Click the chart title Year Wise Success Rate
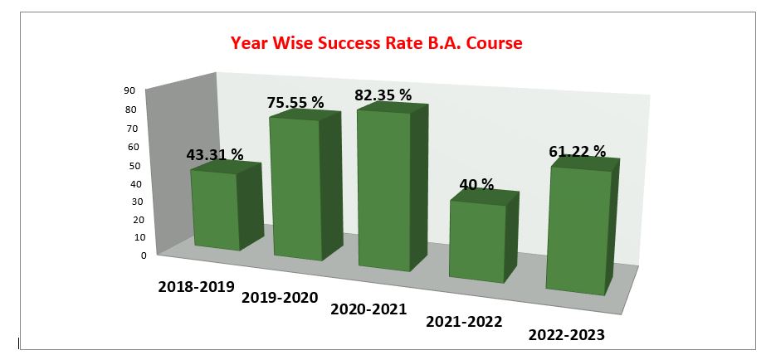376,43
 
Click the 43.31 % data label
214,154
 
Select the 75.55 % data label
295,103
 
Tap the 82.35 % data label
383,95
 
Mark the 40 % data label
476,184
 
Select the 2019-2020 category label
280,297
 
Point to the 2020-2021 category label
368,309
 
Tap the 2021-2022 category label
464,321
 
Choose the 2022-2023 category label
566,335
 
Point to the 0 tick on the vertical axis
143,255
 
